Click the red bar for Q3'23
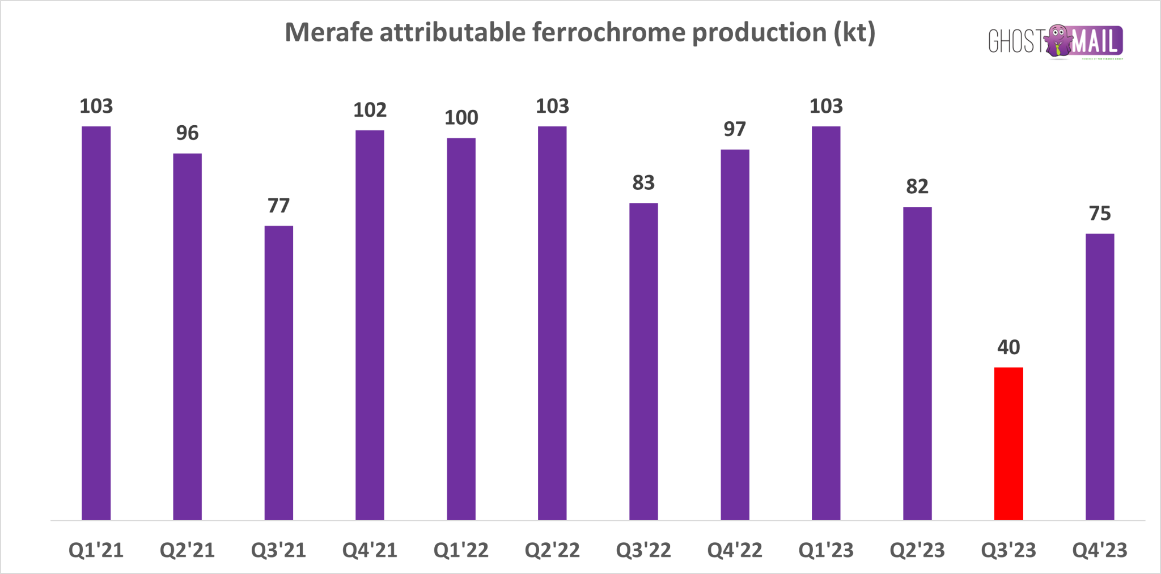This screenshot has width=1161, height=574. click(1009, 444)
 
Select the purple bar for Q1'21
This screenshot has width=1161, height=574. click(96, 323)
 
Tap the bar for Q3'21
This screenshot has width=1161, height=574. click(279, 373)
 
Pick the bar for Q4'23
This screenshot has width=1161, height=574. click(1100, 377)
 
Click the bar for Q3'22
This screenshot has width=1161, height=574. click(643, 362)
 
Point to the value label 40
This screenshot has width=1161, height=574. click(1009, 347)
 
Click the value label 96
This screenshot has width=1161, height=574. click(187, 133)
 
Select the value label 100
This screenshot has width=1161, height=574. click(461, 118)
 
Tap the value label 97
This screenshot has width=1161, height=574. click(735, 129)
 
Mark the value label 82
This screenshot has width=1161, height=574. click(917, 186)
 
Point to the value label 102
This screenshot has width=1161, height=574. click(370, 110)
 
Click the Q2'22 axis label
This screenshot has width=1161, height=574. click(552, 550)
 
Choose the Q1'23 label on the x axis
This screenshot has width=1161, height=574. click(826, 550)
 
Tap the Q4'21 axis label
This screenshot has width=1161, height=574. click(370, 550)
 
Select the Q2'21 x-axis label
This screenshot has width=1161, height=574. click(187, 550)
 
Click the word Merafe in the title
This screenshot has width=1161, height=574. click(329, 32)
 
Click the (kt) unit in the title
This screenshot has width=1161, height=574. click(854, 32)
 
